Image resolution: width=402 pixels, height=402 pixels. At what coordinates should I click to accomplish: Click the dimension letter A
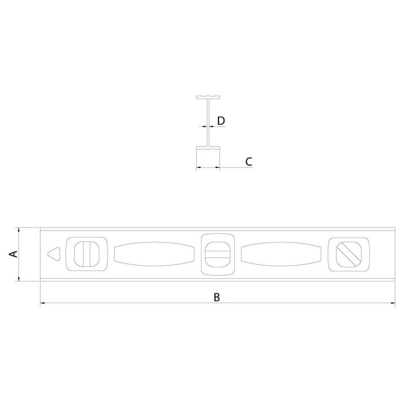(x=13, y=254)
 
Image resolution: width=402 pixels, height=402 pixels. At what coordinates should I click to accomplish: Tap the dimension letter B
(x=217, y=297)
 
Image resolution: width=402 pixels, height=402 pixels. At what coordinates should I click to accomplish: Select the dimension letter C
(x=249, y=161)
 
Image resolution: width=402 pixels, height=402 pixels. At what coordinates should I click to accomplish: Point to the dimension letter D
(x=221, y=121)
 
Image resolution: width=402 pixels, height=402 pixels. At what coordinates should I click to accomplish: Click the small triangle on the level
(x=54, y=254)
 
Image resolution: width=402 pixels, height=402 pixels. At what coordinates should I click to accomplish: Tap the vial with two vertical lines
(x=86, y=254)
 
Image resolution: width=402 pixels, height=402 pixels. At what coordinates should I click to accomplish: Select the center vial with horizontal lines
(x=217, y=254)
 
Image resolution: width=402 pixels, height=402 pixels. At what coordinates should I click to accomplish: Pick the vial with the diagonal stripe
(x=349, y=254)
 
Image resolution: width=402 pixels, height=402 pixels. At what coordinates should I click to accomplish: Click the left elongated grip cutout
(x=154, y=254)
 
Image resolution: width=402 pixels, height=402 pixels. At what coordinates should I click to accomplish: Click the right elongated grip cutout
(x=281, y=254)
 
